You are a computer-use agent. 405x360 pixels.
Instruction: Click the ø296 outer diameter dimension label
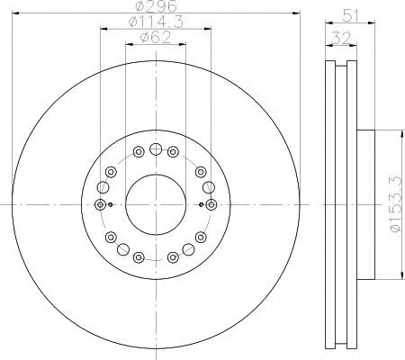[156, 6]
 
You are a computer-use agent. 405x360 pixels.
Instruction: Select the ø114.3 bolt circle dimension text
[156, 22]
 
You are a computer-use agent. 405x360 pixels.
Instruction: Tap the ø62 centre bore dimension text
[156, 38]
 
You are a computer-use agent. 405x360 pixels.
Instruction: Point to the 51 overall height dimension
[350, 15]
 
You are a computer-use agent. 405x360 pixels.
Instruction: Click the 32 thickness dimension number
[341, 39]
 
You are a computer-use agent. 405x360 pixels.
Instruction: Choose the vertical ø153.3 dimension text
[395, 203]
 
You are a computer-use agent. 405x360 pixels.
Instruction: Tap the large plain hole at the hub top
[156, 148]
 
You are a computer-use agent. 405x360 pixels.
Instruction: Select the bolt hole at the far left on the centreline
[100, 204]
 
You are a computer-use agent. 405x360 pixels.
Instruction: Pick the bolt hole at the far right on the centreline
[211, 204]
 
